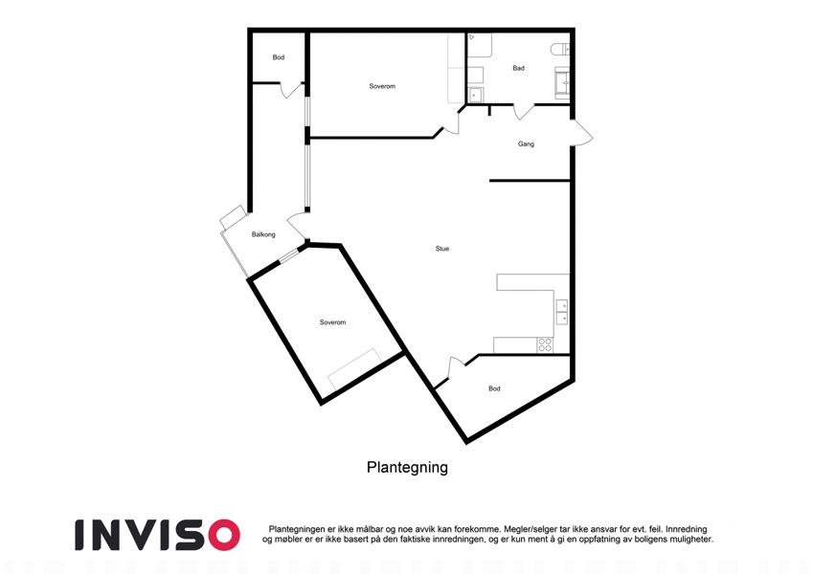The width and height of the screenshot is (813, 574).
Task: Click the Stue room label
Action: click(x=441, y=249)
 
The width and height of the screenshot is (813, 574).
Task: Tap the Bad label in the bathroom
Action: click(x=518, y=68)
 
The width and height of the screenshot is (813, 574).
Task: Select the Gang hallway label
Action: click(x=526, y=144)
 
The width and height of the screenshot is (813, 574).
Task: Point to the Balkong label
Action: click(x=263, y=234)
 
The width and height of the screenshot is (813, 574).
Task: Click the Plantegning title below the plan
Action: click(x=407, y=467)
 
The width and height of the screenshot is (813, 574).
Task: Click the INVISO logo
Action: click(x=158, y=535)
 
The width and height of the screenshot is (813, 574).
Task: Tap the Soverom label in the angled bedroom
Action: click(x=332, y=322)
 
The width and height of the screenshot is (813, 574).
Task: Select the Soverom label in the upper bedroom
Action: click(x=382, y=86)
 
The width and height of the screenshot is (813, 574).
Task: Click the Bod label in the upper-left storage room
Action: click(x=279, y=57)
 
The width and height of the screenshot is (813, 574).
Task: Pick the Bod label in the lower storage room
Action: click(x=494, y=388)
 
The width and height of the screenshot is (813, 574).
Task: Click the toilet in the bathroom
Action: click(x=560, y=50)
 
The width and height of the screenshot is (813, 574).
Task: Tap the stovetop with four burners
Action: click(x=545, y=345)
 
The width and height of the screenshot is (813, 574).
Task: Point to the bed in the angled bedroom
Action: click(x=354, y=370)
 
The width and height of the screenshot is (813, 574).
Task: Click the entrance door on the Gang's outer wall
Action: click(x=580, y=133)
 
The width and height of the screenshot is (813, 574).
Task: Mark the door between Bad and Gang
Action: click(x=524, y=111)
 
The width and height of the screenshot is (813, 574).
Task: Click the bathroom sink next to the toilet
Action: click(x=562, y=82)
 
